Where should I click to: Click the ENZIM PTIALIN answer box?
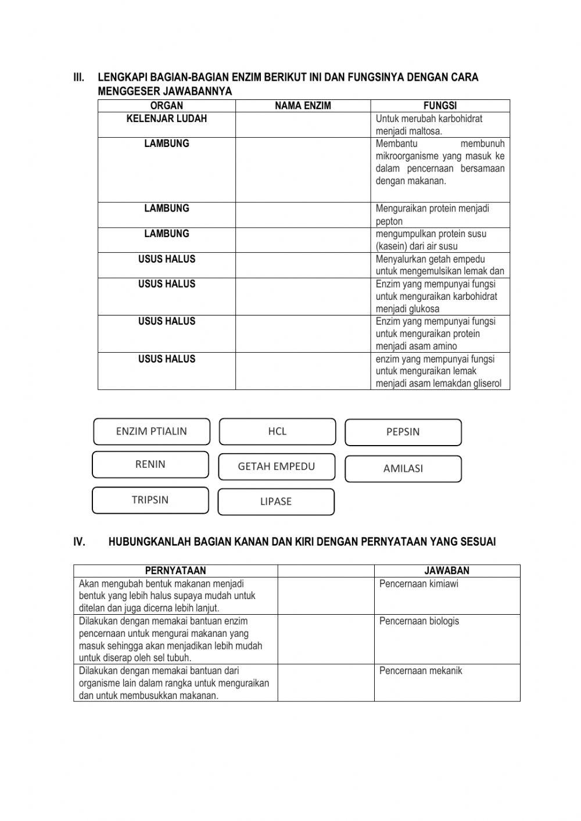pyautogui.click(x=152, y=432)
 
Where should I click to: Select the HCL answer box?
pyautogui.click(x=277, y=432)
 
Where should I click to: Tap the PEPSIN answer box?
pyautogui.click(x=403, y=432)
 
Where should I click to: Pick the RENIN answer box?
pyautogui.click(x=150, y=464)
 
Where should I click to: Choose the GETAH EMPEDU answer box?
pyautogui.click(x=277, y=467)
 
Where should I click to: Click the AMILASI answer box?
pyautogui.click(x=403, y=469)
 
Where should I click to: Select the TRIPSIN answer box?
pyautogui.click(x=150, y=500)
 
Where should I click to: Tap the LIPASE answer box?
pyautogui.click(x=276, y=501)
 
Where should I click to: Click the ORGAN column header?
pyautogui.click(x=167, y=106)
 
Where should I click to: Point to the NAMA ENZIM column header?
pyautogui.click(x=303, y=106)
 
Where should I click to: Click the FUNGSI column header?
pyautogui.click(x=440, y=106)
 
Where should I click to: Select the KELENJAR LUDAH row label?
pyautogui.click(x=167, y=119)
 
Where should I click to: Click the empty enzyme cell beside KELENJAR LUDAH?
pyautogui.click(x=303, y=125)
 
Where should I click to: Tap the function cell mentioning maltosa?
pyautogui.click(x=440, y=125)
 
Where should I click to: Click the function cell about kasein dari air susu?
pyautogui.click(x=440, y=240)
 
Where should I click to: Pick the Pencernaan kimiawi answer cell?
pyautogui.click(x=447, y=596)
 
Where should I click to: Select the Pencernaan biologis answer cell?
pyautogui.click(x=447, y=639)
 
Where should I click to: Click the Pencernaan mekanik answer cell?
pyautogui.click(x=447, y=683)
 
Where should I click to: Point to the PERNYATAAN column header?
pyautogui.click(x=175, y=571)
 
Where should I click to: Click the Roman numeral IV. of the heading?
pyautogui.click(x=80, y=542)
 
